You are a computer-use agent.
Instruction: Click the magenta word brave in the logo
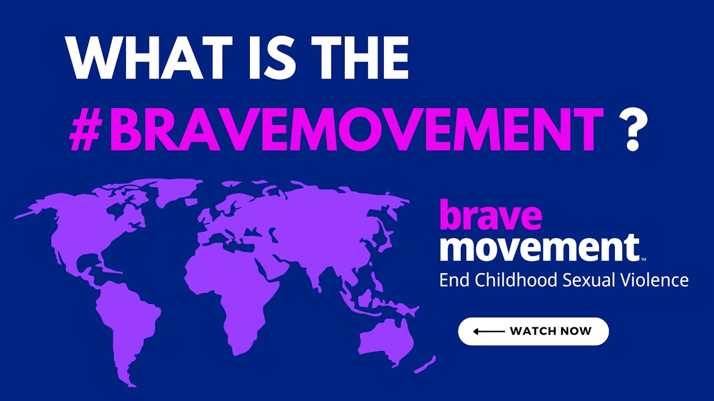pos(491,217)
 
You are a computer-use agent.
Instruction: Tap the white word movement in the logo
pos(539,247)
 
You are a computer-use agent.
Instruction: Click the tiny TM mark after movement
pos(643,259)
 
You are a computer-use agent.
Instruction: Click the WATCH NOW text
pos(551,331)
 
